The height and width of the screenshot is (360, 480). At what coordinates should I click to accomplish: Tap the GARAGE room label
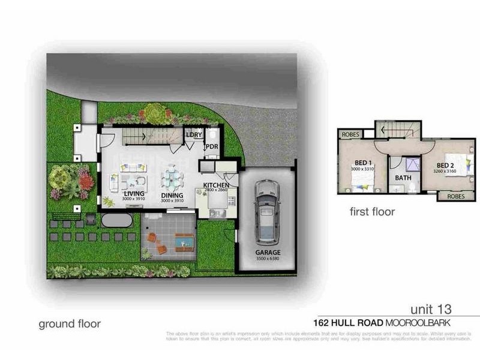click(x=268, y=253)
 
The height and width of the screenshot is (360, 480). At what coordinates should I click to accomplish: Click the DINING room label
click(x=172, y=195)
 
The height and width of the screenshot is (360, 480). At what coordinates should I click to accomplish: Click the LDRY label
click(x=194, y=134)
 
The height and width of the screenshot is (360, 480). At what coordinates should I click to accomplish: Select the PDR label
click(x=211, y=146)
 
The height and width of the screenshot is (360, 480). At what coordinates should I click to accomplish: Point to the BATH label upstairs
click(x=403, y=178)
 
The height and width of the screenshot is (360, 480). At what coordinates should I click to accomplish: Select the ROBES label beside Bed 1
click(x=351, y=135)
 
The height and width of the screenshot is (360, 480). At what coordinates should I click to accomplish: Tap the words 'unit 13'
click(x=430, y=310)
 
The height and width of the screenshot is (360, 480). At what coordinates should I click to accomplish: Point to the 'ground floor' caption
click(x=70, y=324)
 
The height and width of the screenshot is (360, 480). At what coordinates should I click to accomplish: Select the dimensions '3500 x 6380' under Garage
click(x=268, y=260)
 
